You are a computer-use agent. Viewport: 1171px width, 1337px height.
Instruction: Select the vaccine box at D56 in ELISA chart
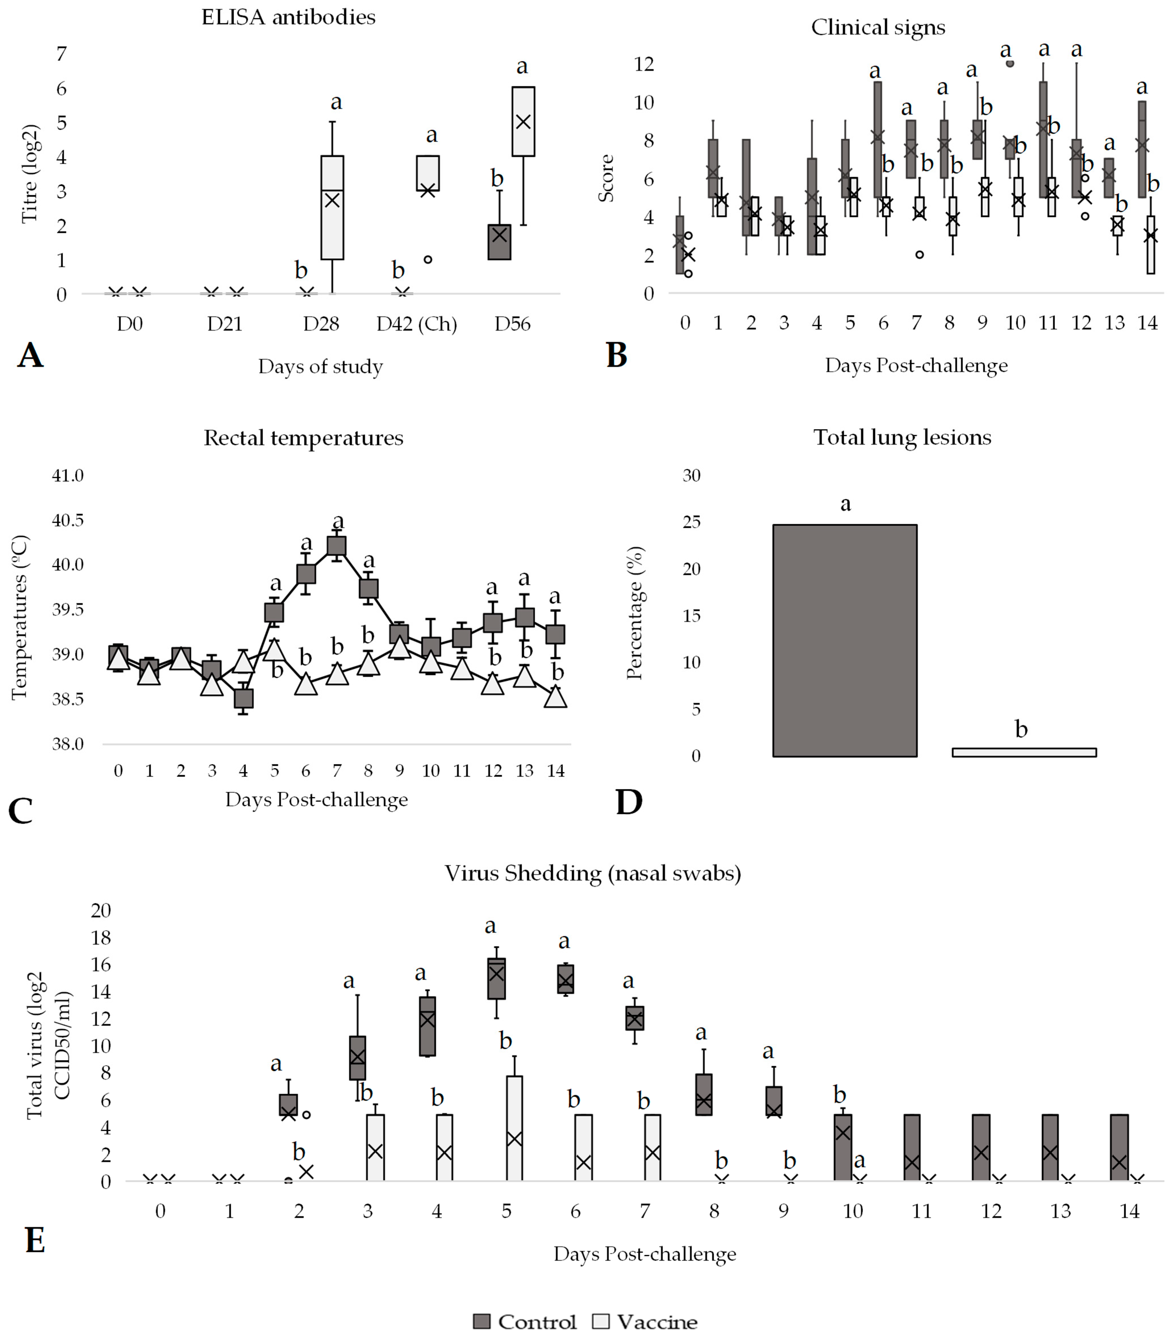pyautogui.click(x=523, y=121)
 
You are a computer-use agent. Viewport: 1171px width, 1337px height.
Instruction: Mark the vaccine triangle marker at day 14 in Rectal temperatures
pyautogui.click(x=556, y=697)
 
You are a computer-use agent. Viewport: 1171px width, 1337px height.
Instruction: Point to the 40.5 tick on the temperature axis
pyautogui.click(x=68, y=520)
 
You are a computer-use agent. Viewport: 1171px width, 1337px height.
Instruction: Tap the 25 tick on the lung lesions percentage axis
pyautogui.click(x=691, y=522)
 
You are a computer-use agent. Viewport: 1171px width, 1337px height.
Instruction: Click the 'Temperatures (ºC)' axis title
pyautogui.click(x=20, y=618)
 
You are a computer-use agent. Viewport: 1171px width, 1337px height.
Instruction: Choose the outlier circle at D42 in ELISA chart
pyautogui.click(x=428, y=259)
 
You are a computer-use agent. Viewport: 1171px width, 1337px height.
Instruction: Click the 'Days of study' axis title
pyautogui.click(x=320, y=366)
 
